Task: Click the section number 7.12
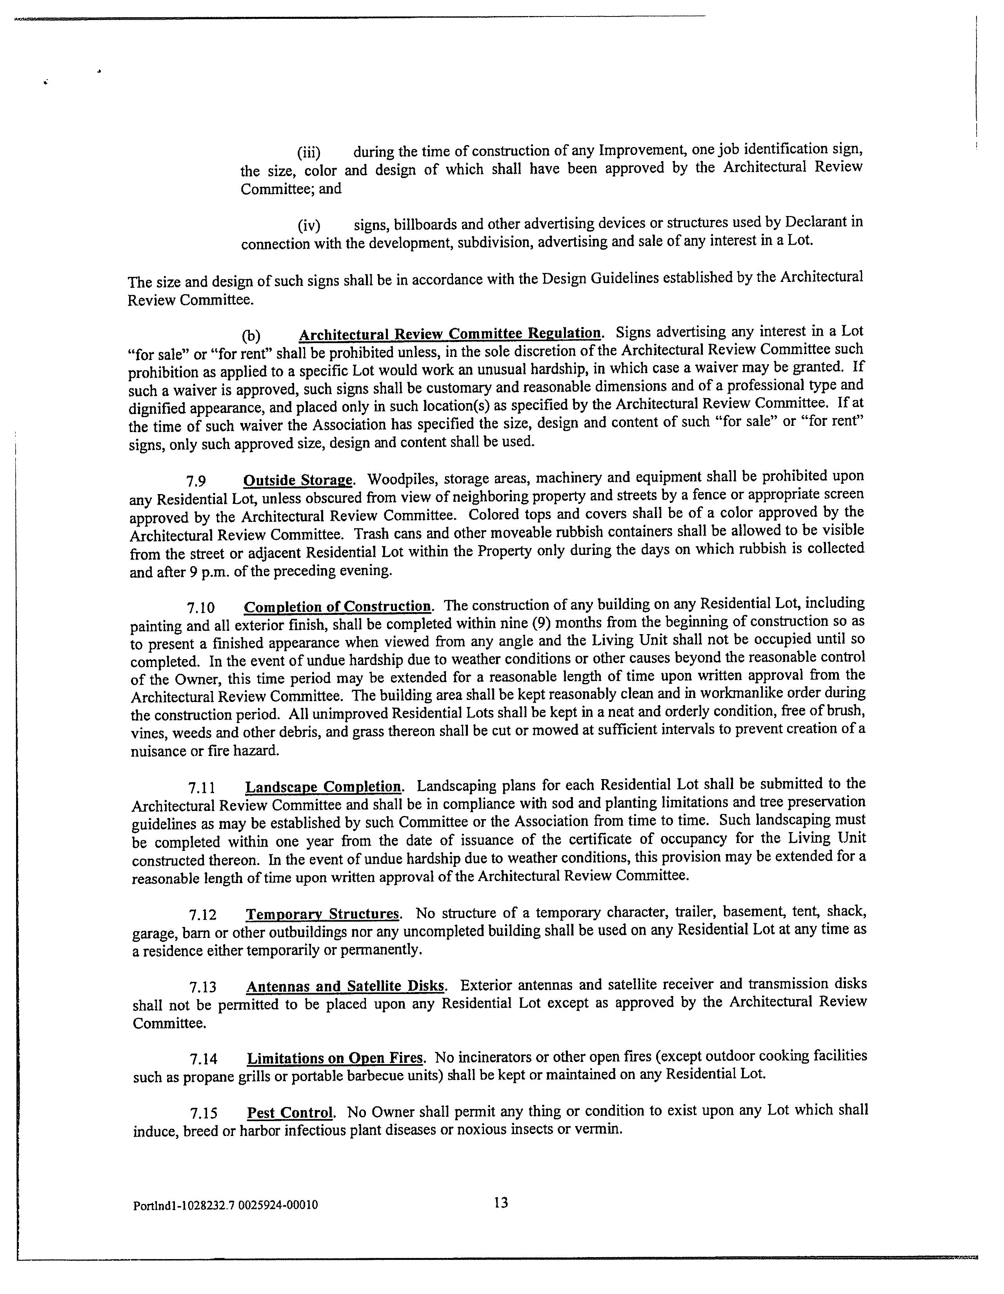click(x=202, y=915)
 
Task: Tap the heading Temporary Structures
click(x=323, y=914)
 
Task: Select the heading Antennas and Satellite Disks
click(x=345, y=987)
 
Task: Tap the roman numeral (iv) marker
click(x=309, y=226)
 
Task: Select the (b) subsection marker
click(x=251, y=336)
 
